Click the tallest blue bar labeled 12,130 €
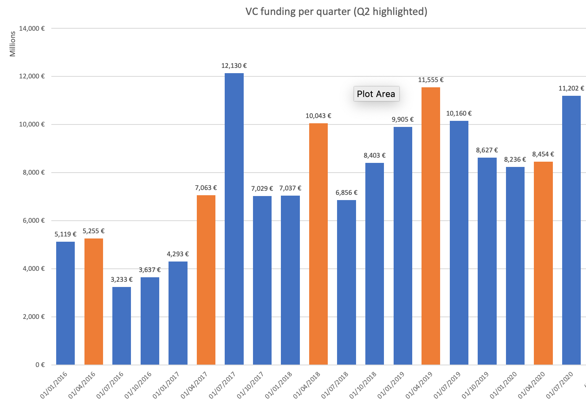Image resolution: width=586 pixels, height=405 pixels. pyautogui.click(x=234, y=218)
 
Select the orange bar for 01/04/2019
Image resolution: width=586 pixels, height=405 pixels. pyautogui.click(x=431, y=226)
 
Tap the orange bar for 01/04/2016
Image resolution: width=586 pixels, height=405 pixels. pyautogui.click(x=94, y=301)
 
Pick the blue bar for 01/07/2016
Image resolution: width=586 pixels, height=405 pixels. pyautogui.click(x=122, y=325)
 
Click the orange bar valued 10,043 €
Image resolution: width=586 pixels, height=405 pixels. pyautogui.click(x=318, y=243)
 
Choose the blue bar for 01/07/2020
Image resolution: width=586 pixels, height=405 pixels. pyautogui.click(x=571, y=230)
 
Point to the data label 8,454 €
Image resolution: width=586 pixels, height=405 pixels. pyautogui.click(x=543, y=154)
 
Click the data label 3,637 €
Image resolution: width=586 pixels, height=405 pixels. pyautogui.click(x=150, y=270)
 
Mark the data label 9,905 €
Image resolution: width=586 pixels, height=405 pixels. pyautogui.click(x=403, y=120)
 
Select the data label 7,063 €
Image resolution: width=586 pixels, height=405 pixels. pyautogui.click(x=206, y=188)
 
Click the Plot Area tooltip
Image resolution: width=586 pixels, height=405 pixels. pyautogui.click(x=376, y=94)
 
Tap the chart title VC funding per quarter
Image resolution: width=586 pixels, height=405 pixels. pyautogui.click(x=336, y=11)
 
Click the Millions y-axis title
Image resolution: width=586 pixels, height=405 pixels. pyautogui.click(x=13, y=44)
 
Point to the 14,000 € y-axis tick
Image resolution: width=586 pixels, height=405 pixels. pyautogui.click(x=32, y=29)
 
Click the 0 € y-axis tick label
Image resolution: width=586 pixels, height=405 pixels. pyautogui.click(x=40, y=365)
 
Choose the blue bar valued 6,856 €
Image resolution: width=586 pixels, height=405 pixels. pyautogui.click(x=346, y=283)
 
